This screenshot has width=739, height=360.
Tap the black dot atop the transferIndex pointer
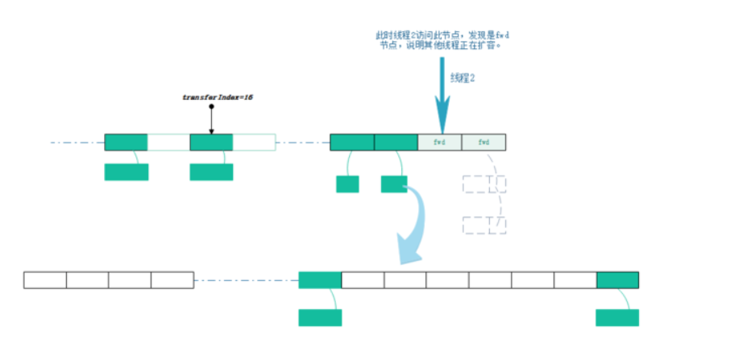click(x=211, y=106)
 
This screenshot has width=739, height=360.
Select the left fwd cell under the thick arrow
click(x=440, y=143)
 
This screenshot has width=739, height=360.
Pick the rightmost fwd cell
click(x=484, y=143)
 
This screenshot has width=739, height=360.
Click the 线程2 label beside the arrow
click(x=463, y=77)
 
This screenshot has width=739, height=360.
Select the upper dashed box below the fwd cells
click(x=484, y=184)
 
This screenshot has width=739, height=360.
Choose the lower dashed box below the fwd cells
click(x=484, y=224)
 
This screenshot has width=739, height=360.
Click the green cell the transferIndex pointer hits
click(x=211, y=143)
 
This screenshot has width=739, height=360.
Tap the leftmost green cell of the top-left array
click(x=126, y=143)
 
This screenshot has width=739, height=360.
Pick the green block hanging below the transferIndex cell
click(x=211, y=172)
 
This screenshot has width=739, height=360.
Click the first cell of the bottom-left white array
click(x=45, y=280)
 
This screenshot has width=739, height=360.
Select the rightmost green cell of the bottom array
click(x=617, y=280)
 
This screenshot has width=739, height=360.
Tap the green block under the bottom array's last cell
click(x=617, y=317)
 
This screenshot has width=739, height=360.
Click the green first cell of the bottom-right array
click(x=320, y=280)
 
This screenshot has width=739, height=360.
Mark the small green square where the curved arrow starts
click(x=394, y=184)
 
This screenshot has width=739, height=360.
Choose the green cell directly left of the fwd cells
click(x=396, y=143)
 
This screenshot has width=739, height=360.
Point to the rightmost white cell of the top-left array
click(x=254, y=143)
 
